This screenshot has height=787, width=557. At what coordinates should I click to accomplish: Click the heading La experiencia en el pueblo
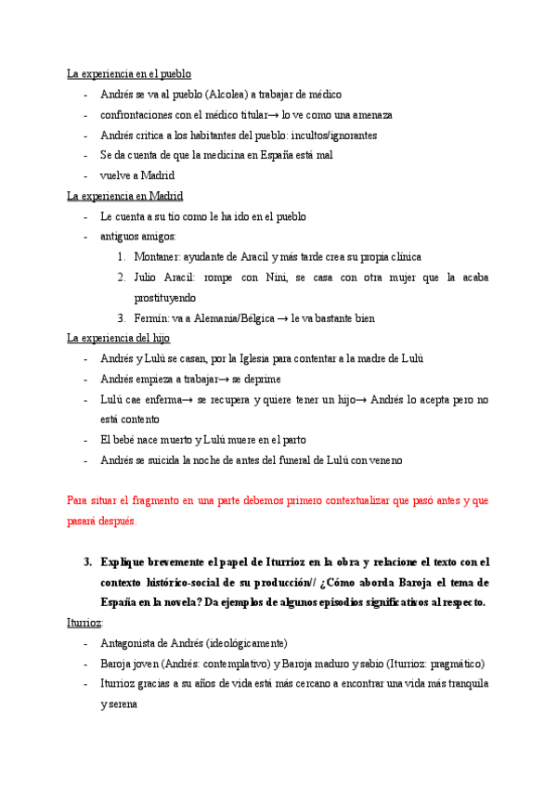click(x=129, y=74)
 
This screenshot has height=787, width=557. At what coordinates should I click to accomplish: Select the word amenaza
click(x=368, y=115)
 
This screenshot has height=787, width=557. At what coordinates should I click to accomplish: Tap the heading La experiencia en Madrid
click(x=125, y=196)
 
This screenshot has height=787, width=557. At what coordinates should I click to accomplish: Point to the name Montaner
click(x=156, y=257)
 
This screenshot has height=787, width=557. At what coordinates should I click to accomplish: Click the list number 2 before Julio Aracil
click(x=122, y=277)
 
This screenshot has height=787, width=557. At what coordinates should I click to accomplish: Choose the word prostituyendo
click(x=165, y=298)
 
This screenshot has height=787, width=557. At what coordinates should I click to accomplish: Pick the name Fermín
click(x=150, y=318)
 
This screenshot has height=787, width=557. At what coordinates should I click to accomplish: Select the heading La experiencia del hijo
click(x=118, y=338)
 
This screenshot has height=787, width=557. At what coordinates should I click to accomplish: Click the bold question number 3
click(x=87, y=562)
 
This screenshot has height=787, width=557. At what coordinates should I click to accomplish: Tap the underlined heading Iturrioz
click(x=84, y=623)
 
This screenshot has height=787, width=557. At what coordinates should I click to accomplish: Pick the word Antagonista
click(x=132, y=643)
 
